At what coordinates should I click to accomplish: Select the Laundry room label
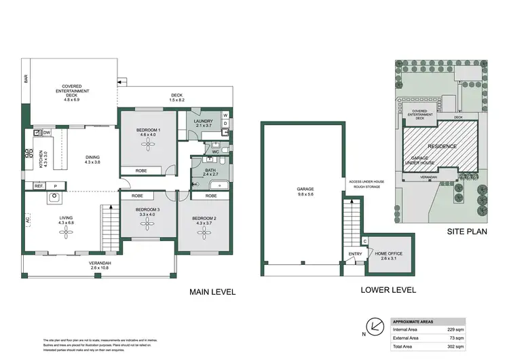coord(204,122)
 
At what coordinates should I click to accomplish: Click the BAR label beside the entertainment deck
coord(26,79)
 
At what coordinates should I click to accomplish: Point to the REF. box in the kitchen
coord(39,185)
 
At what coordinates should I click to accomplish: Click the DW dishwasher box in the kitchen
coord(46,132)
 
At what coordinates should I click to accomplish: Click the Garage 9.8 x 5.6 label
coord(300,192)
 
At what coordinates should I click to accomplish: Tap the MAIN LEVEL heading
coord(212,292)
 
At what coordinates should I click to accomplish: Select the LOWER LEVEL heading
coord(389,289)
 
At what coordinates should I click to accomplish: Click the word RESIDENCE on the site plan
coord(441,146)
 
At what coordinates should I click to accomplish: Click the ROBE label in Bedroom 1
coord(141,170)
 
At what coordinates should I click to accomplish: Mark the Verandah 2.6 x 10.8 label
coord(99,265)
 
